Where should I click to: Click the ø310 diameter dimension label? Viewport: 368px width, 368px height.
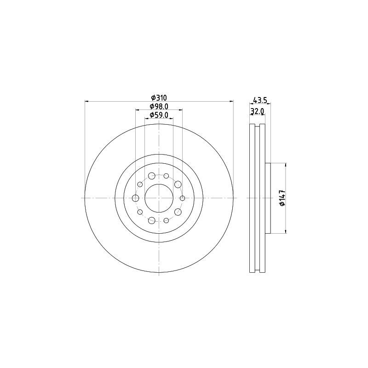click(159, 98)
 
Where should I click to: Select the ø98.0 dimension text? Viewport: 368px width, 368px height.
click(159, 106)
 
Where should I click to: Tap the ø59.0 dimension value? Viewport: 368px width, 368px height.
click(159, 115)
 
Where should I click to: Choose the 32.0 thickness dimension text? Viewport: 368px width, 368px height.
click(257, 111)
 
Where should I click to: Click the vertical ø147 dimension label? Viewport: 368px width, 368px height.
click(282, 198)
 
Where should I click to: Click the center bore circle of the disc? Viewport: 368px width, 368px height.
click(159, 198)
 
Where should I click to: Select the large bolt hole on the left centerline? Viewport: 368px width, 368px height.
click(135, 198)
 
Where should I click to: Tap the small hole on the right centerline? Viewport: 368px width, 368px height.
click(183, 198)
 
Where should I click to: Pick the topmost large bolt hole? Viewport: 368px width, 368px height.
click(152, 176)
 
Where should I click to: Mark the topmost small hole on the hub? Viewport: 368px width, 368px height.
click(166, 175)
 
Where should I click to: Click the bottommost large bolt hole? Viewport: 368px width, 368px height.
click(152, 220)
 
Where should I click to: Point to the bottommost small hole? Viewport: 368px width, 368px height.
click(166, 221)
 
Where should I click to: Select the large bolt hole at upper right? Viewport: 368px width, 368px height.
click(178, 184)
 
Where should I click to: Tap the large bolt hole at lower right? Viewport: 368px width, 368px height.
click(178, 212)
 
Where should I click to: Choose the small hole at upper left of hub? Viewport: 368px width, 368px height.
click(140, 184)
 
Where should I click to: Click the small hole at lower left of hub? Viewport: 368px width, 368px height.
click(140, 212)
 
